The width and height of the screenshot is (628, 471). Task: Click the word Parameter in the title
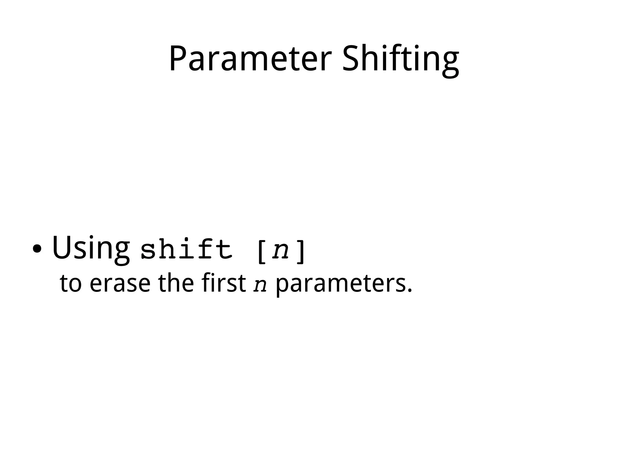(250, 58)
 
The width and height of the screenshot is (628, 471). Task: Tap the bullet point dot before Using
(37, 249)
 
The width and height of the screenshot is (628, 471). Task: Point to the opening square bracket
(262, 252)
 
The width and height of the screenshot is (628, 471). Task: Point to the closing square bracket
(301, 252)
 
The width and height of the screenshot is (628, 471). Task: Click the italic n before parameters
(260, 285)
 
